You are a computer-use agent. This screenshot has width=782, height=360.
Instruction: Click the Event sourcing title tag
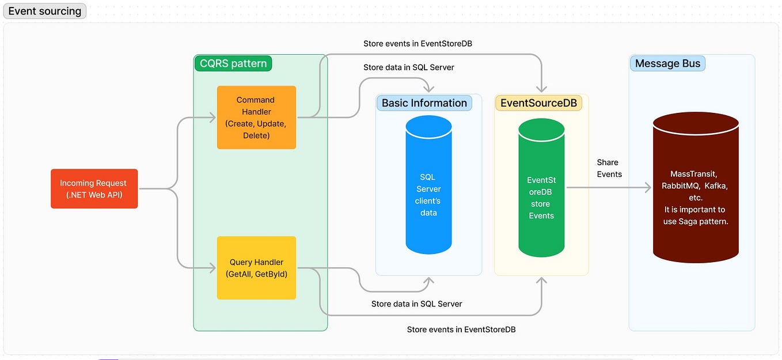44,11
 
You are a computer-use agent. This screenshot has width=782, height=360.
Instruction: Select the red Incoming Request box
94,188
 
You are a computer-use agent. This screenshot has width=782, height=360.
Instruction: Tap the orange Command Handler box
256,118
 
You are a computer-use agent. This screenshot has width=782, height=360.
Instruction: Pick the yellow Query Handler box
256,268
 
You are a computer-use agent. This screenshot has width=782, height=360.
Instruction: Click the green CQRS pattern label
233,63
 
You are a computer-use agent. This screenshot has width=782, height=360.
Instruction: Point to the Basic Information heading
424,103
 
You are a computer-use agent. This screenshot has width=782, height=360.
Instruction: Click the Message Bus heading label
667,63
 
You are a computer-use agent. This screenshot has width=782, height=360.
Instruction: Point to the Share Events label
609,168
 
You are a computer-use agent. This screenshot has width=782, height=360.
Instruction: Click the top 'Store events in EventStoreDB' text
418,43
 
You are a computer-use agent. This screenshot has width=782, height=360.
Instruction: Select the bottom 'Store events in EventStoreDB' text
461,329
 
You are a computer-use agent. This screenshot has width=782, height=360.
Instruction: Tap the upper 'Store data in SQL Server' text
408,67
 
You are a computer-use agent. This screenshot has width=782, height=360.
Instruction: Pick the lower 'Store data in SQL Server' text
416,304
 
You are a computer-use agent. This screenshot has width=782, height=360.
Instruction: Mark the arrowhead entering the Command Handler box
212,118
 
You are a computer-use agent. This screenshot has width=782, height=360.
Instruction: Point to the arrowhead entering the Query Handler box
212,268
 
